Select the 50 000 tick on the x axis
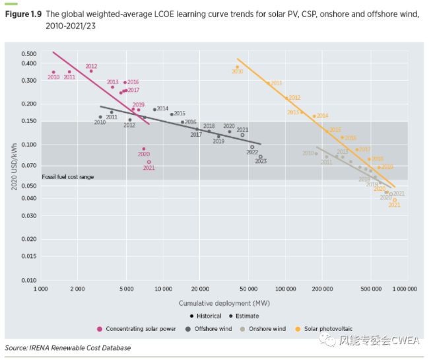[x=248, y=289]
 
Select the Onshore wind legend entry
[x=266, y=328]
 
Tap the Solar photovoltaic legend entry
[x=325, y=328]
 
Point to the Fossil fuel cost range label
[x=68, y=177]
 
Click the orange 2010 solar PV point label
[x=238, y=71]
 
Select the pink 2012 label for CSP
[x=91, y=66]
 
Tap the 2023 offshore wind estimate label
[x=261, y=161]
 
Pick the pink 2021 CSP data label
[x=149, y=168]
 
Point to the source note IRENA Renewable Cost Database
[x=67, y=347]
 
